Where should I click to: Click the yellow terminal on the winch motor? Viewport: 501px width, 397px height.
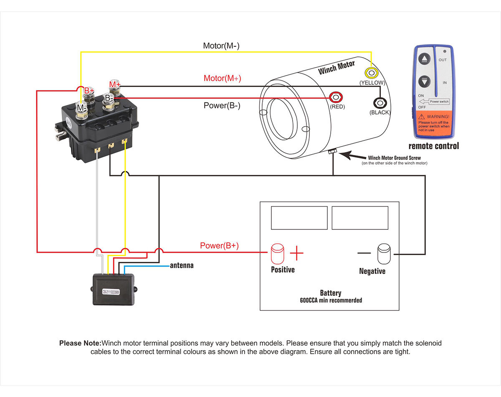coord(370,72)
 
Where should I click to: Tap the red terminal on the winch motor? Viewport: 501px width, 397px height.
coord(335,97)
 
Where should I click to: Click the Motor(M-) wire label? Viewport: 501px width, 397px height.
coord(221,46)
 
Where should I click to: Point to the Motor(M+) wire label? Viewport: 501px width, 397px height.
coord(222,78)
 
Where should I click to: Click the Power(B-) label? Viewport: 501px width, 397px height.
coord(222,105)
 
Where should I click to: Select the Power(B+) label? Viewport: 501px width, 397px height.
coord(219,246)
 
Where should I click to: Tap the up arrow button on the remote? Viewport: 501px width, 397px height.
coord(424,59)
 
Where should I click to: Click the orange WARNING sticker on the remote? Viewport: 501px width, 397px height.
coord(433,123)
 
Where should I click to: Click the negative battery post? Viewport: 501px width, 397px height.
coord(384,253)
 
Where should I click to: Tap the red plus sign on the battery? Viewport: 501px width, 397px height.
coord(296,253)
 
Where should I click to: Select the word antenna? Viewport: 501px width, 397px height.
coord(182,265)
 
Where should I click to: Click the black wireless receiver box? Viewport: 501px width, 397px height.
coord(114,289)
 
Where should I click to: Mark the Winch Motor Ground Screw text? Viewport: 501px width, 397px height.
coord(394,158)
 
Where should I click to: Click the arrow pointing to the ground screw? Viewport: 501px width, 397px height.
coord(352,156)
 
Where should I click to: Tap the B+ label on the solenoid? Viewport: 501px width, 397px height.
coord(89,90)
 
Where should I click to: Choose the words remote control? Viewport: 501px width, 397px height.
coord(433,146)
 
